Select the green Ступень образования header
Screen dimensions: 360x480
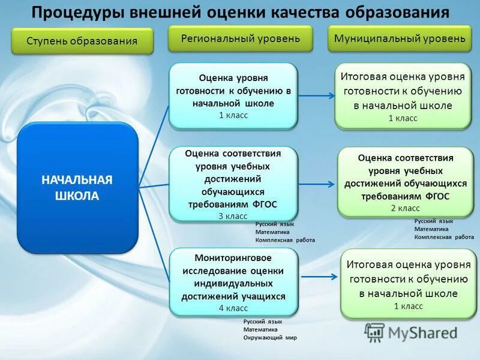point(82,41)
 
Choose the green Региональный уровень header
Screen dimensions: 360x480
point(241,39)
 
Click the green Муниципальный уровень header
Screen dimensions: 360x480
point(400,39)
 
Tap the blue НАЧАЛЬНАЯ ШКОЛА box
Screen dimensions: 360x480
point(77,188)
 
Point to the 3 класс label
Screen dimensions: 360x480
point(233,216)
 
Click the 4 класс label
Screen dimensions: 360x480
point(233,308)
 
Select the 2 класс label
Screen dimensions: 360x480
point(406,208)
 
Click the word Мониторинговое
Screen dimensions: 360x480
point(233,258)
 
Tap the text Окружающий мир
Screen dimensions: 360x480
point(270,338)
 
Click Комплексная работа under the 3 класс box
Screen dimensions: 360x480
point(284,240)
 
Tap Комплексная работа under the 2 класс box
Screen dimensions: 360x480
point(444,237)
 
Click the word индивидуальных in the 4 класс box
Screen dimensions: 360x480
point(233,284)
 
